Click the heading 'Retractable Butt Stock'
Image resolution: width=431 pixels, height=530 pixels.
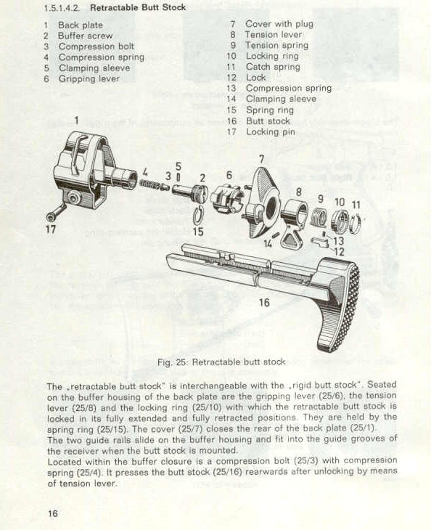[138, 7]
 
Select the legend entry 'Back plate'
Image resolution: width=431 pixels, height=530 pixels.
[81, 25]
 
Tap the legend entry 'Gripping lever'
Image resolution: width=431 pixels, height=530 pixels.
[89, 78]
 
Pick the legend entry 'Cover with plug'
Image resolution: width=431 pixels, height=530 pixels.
[279, 24]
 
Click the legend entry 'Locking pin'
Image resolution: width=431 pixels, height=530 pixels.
[271, 132]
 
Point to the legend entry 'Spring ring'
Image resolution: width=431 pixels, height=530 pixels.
[270, 110]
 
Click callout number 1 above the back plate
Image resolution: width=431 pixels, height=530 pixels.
[77, 121]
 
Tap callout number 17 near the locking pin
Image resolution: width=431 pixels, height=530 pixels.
[51, 229]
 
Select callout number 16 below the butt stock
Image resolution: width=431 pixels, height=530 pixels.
[264, 302]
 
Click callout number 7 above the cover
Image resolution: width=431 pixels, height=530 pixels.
[262, 159]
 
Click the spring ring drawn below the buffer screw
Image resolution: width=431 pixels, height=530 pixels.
[198, 216]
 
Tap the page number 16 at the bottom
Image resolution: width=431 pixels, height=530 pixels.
[53, 513]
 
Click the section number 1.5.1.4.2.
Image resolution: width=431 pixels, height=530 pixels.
[62, 8]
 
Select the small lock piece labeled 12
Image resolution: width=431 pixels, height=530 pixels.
[319, 242]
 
